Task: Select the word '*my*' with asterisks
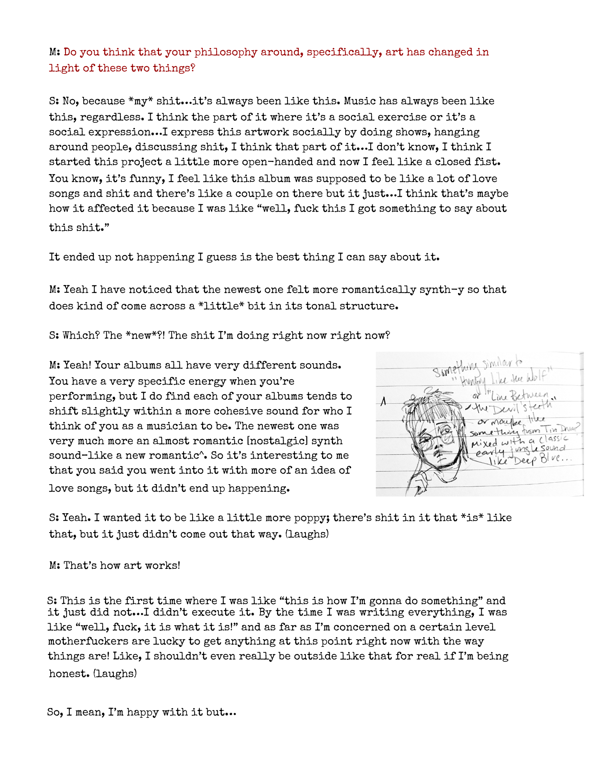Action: [x=141, y=101]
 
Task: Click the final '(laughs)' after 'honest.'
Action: [x=115, y=674]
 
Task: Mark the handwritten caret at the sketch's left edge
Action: [x=384, y=401]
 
